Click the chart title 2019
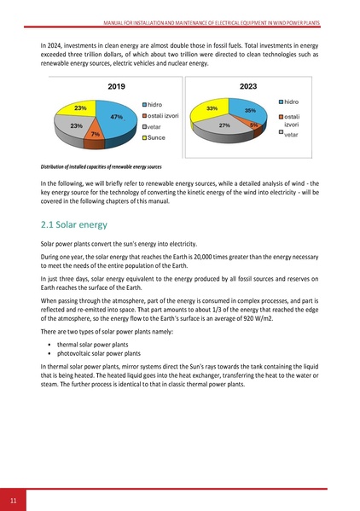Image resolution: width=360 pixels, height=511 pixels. click(x=117, y=87)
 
